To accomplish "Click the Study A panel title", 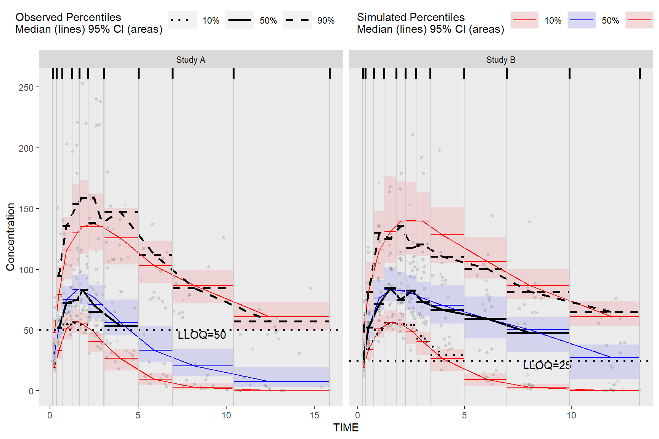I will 191,60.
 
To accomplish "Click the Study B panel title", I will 501,60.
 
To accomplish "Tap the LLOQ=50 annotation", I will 202,335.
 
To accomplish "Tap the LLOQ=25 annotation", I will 547,365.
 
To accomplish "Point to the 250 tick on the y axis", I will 26,88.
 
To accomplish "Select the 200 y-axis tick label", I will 26,148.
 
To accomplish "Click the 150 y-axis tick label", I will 26,209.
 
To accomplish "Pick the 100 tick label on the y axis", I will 26,270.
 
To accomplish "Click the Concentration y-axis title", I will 10,237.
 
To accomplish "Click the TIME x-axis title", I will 346,428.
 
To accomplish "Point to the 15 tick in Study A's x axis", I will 314,415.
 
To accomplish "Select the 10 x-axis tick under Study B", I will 571,415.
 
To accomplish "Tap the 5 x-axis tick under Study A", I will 138,415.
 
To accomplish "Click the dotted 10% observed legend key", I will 182,20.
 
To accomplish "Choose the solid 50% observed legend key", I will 240,20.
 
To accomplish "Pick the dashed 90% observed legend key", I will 297,20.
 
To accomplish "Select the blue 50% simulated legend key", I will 582,20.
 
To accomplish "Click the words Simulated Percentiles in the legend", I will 411,17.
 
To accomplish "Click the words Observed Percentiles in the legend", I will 68,17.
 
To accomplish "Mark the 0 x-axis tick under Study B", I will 357,415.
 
